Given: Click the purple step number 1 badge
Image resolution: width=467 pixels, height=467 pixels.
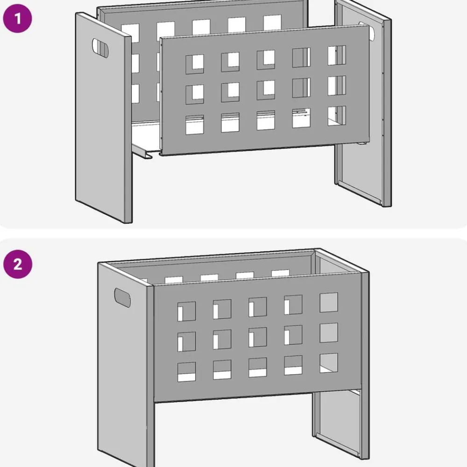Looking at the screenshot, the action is coord(18,18).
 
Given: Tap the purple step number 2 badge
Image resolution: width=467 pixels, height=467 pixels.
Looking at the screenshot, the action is coord(18,264).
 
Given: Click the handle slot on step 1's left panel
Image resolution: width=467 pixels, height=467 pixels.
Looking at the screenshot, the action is coord(100,48).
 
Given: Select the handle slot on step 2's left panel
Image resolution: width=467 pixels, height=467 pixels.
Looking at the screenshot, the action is coord(122,297).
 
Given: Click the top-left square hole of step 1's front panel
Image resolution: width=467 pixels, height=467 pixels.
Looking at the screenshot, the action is coord(195,64).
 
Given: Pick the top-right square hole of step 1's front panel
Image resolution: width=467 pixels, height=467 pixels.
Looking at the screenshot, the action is coord(337,56).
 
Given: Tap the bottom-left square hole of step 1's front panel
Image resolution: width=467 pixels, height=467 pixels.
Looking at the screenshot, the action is coord(195,125).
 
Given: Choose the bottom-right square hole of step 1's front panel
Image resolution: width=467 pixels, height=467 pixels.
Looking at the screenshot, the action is coord(337,116).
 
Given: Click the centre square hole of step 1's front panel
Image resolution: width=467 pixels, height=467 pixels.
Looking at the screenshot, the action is coord(266,90).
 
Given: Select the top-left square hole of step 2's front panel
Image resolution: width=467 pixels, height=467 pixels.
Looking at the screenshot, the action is coord(187,311).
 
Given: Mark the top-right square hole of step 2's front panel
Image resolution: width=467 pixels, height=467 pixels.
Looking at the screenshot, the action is coord(329,303).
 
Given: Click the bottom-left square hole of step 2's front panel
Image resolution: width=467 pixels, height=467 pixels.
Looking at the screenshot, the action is coord(187,372).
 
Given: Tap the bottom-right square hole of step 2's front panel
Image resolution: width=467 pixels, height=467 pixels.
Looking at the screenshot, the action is coord(329,363).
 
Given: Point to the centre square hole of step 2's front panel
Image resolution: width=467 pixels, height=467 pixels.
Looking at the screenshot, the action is coord(258,337).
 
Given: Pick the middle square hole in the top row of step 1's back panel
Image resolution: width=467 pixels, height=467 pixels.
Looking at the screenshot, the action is coord(201,27).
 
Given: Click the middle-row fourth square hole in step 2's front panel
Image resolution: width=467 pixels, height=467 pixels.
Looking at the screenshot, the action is coord(293,335).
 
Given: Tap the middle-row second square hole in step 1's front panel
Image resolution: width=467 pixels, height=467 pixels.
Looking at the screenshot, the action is coord(230,92).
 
